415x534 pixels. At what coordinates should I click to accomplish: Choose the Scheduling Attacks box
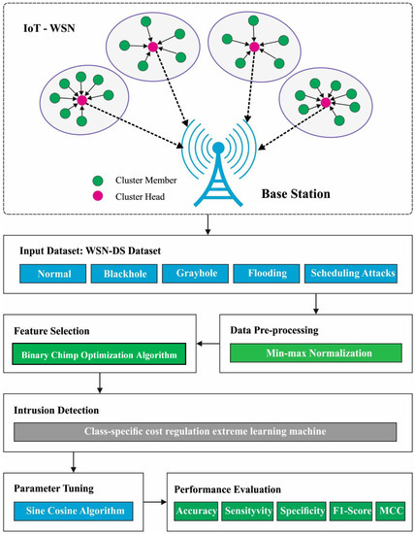pos(352,274)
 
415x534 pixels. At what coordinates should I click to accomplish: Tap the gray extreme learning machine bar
pos(207,430)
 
